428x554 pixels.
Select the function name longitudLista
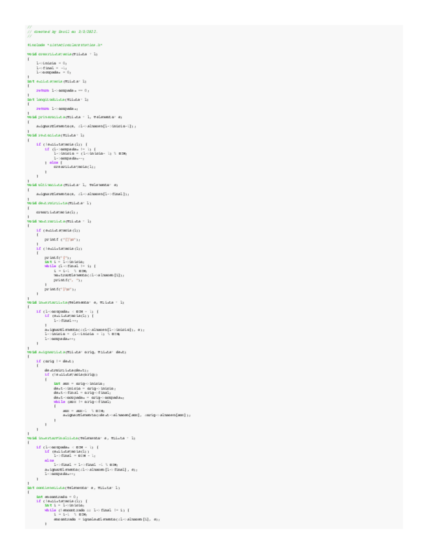pyautogui.click(x=53, y=99)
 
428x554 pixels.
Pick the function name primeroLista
pyautogui.click(x=56, y=116)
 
